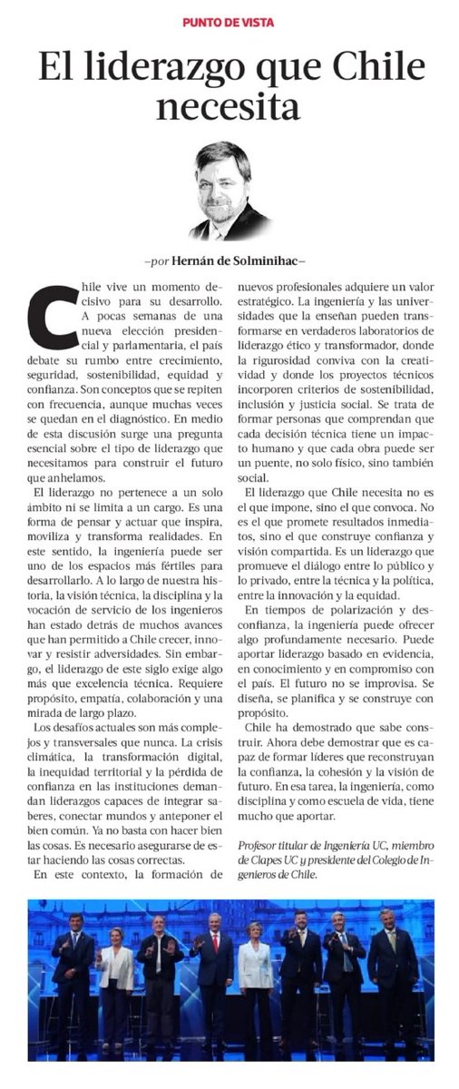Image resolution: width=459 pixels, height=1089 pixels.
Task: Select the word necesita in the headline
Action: click(x=229, y=106)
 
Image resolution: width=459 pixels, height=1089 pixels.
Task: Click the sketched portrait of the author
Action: click(x=229, y=190)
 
